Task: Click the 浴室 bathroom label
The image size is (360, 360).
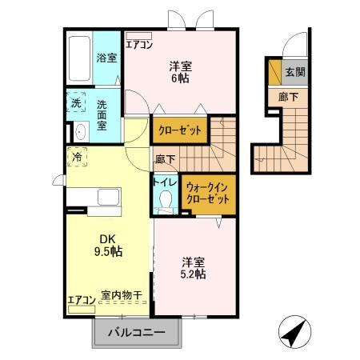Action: pos(106,58)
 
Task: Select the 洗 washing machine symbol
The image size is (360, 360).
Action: pos(77,103)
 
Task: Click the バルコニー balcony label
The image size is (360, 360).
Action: pos(137,333)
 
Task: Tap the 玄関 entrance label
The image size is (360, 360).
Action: pos(295,71)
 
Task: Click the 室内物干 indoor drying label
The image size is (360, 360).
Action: pos(122,297)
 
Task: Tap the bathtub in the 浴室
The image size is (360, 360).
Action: pos(78,58)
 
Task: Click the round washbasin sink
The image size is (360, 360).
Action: pos(80,133)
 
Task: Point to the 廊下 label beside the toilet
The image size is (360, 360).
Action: pos(165,158)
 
